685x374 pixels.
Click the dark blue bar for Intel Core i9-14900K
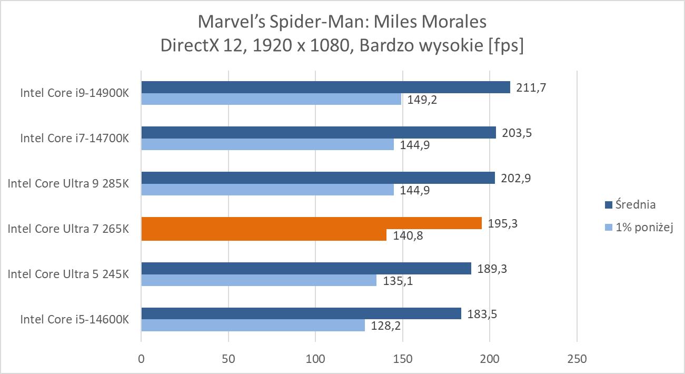tap(325, 87)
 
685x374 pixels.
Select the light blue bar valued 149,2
tap(271, 99)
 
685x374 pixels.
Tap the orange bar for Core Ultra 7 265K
tap(311, 223)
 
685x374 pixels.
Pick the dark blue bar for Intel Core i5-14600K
tap(301, 313)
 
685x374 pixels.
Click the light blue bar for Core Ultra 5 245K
tap(259, 280)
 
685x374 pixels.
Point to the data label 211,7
tap(531, 87)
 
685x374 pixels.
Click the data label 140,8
tap(409, 235)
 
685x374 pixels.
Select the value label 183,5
tap(483, 314)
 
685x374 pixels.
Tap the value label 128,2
tap(386, 326)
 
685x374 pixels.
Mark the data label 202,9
tap(516, 178)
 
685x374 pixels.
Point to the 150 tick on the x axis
tap(403, 359)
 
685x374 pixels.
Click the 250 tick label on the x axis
tap(577, 359)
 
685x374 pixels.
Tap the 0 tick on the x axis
tap(141, 359)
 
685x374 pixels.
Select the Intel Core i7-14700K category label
tap(74, 138)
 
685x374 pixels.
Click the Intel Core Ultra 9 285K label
tap(68, 183)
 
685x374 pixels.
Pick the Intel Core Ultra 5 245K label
tap(68, 274)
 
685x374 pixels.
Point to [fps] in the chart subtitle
tap(505, 45)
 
